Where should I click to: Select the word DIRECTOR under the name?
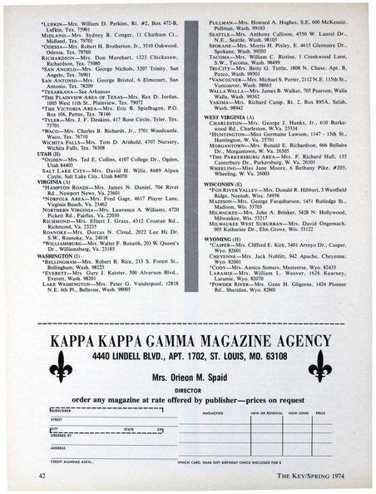tap(189, 388)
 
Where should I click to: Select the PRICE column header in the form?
tap(320, 412)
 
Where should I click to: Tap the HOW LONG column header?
tap(296, 412)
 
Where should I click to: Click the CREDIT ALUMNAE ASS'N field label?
tap(72, 461)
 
